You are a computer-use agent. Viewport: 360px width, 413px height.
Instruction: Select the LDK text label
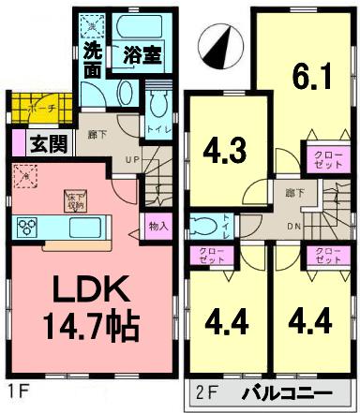point(87,291)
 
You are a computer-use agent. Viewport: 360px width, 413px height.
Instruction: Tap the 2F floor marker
point(210,394)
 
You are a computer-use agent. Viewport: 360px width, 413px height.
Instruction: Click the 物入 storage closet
point(157,226)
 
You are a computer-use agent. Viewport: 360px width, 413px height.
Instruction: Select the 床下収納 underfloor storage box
point(75,199)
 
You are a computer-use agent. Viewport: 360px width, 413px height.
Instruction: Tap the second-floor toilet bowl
point(202,224)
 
